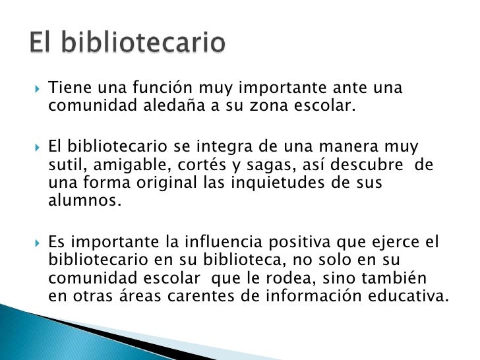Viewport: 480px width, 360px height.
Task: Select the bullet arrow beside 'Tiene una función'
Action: click(38, 88)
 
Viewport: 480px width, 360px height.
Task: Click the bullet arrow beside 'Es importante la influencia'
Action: click(38, 242)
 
